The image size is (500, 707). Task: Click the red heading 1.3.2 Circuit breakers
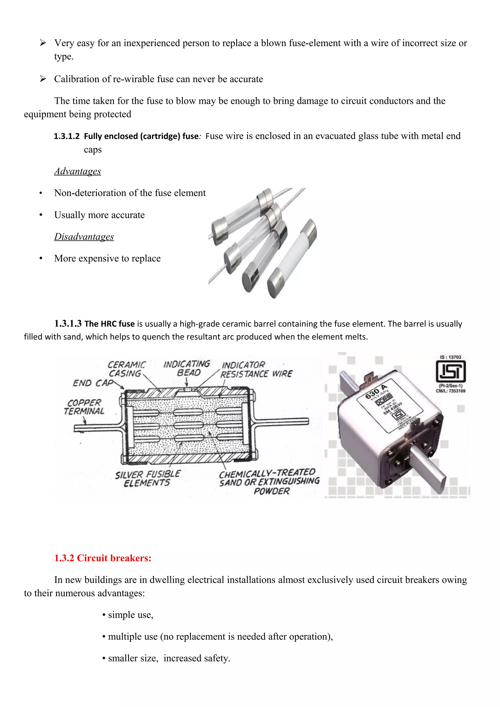103,558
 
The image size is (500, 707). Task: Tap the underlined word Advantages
78,171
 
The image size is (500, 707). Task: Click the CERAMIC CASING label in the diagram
126,369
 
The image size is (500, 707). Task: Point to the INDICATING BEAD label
187,368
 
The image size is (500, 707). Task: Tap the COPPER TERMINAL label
84,407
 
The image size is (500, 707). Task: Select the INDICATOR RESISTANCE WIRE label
256,370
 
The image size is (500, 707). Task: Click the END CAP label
93,383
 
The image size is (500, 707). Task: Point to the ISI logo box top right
450,372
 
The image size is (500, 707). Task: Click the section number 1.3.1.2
67,136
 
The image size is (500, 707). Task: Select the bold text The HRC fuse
109,324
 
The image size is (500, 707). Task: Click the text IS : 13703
450,357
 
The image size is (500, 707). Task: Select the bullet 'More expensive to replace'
107,258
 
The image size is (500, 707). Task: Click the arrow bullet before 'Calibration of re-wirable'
43,79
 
